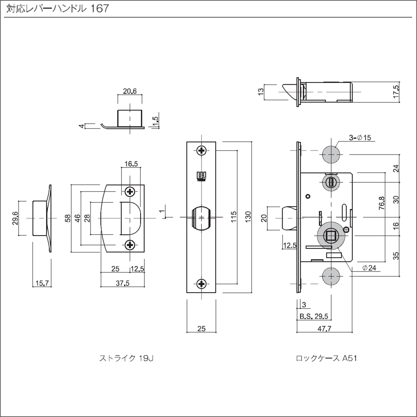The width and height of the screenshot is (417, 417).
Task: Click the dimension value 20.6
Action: tap(130, 91)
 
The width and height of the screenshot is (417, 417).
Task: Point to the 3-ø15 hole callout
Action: tap(360, 138)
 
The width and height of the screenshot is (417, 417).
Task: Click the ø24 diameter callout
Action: tap(369, 268)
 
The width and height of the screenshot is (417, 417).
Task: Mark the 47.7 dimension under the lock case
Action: tap(324, 328)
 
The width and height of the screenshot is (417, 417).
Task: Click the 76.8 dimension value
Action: tap(382, 203)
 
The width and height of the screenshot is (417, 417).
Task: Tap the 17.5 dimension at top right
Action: tap(396, 92)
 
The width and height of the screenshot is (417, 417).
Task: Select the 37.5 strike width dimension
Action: tap(122, 283)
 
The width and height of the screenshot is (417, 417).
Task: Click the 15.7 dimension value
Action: tap(42, 283)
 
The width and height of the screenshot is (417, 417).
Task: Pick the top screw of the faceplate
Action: tap(202, 150)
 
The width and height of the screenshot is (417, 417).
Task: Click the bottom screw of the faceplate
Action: tap(202, 284)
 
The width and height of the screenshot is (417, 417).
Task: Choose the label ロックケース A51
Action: tap(326, 358)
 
